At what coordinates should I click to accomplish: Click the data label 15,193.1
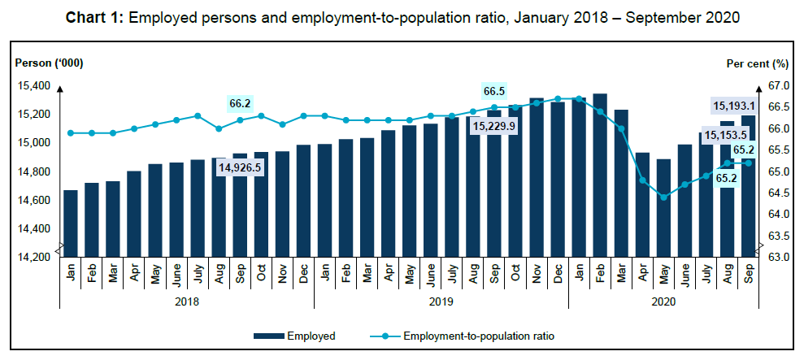coord(734,106)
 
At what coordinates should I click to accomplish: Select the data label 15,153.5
coord(726,136)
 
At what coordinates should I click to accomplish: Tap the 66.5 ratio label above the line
coord(493,90)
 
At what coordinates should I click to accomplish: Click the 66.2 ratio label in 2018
coord(241,103)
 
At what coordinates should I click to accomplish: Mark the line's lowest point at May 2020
coord(663,197)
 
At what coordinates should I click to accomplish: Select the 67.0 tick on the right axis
coord(778,85)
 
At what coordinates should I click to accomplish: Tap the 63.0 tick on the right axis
coord(778,257)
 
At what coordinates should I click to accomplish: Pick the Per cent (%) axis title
coord(758,63)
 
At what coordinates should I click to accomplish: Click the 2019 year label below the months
coord(441,300)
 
